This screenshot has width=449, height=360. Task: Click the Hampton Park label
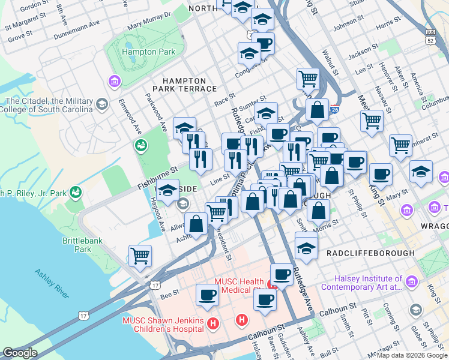tap(148, 52)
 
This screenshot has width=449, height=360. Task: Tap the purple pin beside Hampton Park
tap(113, 80)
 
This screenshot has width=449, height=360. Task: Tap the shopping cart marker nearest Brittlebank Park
tap(140, 256)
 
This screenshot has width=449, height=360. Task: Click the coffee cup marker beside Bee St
tap(207, 295)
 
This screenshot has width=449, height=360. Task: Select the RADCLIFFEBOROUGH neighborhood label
tap(370, 253)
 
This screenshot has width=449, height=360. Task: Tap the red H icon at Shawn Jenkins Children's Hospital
tap(212, 324)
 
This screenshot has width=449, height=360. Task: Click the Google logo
tap(20, 353)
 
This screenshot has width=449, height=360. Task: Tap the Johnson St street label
tap(345, 25)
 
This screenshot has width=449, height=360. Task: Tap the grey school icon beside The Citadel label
tap(102, 105)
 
